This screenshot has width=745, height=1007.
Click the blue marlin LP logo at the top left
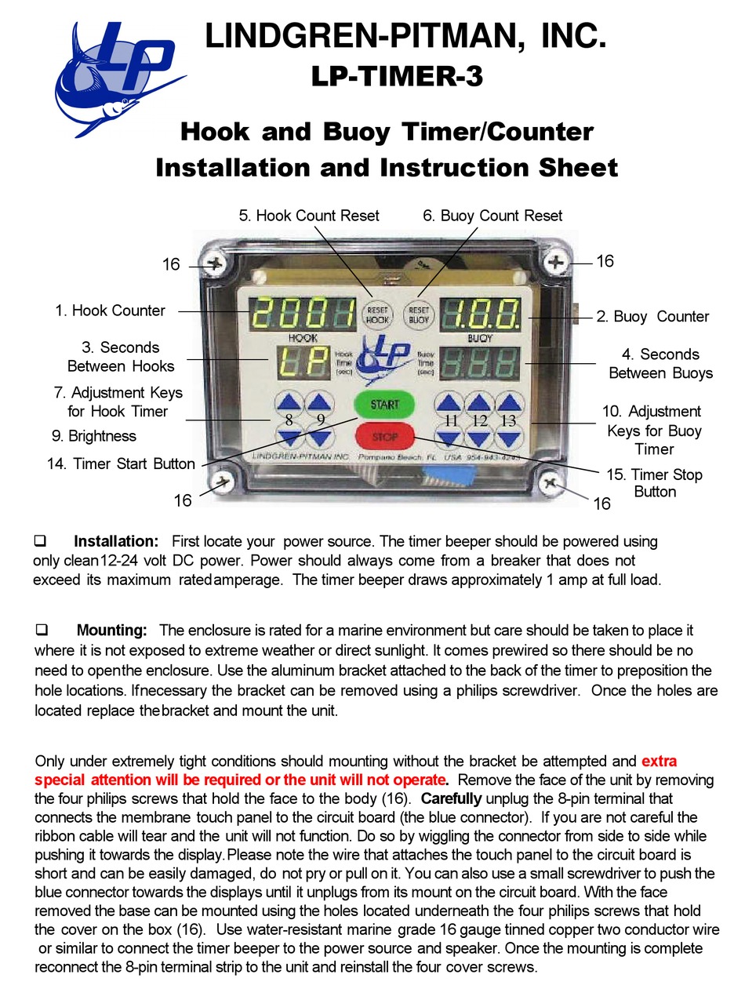coord(118,78)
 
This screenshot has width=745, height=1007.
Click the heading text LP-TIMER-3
coord(397,77)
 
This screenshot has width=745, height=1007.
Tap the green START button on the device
coord(384,405)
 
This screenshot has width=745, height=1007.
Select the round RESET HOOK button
coord(377,314)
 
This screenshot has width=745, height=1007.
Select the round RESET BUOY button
coord(419,314)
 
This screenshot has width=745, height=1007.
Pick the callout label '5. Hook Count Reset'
coord(308,216)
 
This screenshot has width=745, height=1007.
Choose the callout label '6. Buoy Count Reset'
coord(492,216)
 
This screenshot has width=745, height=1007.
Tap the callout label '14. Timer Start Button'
coord(121,464)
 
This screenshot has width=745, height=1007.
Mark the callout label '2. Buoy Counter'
coord(652,317)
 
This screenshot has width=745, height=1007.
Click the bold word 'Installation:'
coord(116,541)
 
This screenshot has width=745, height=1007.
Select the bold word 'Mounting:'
coord(111,631)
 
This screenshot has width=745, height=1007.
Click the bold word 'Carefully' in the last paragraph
coord(451,799)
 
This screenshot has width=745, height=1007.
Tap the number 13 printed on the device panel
coord(508,421)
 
